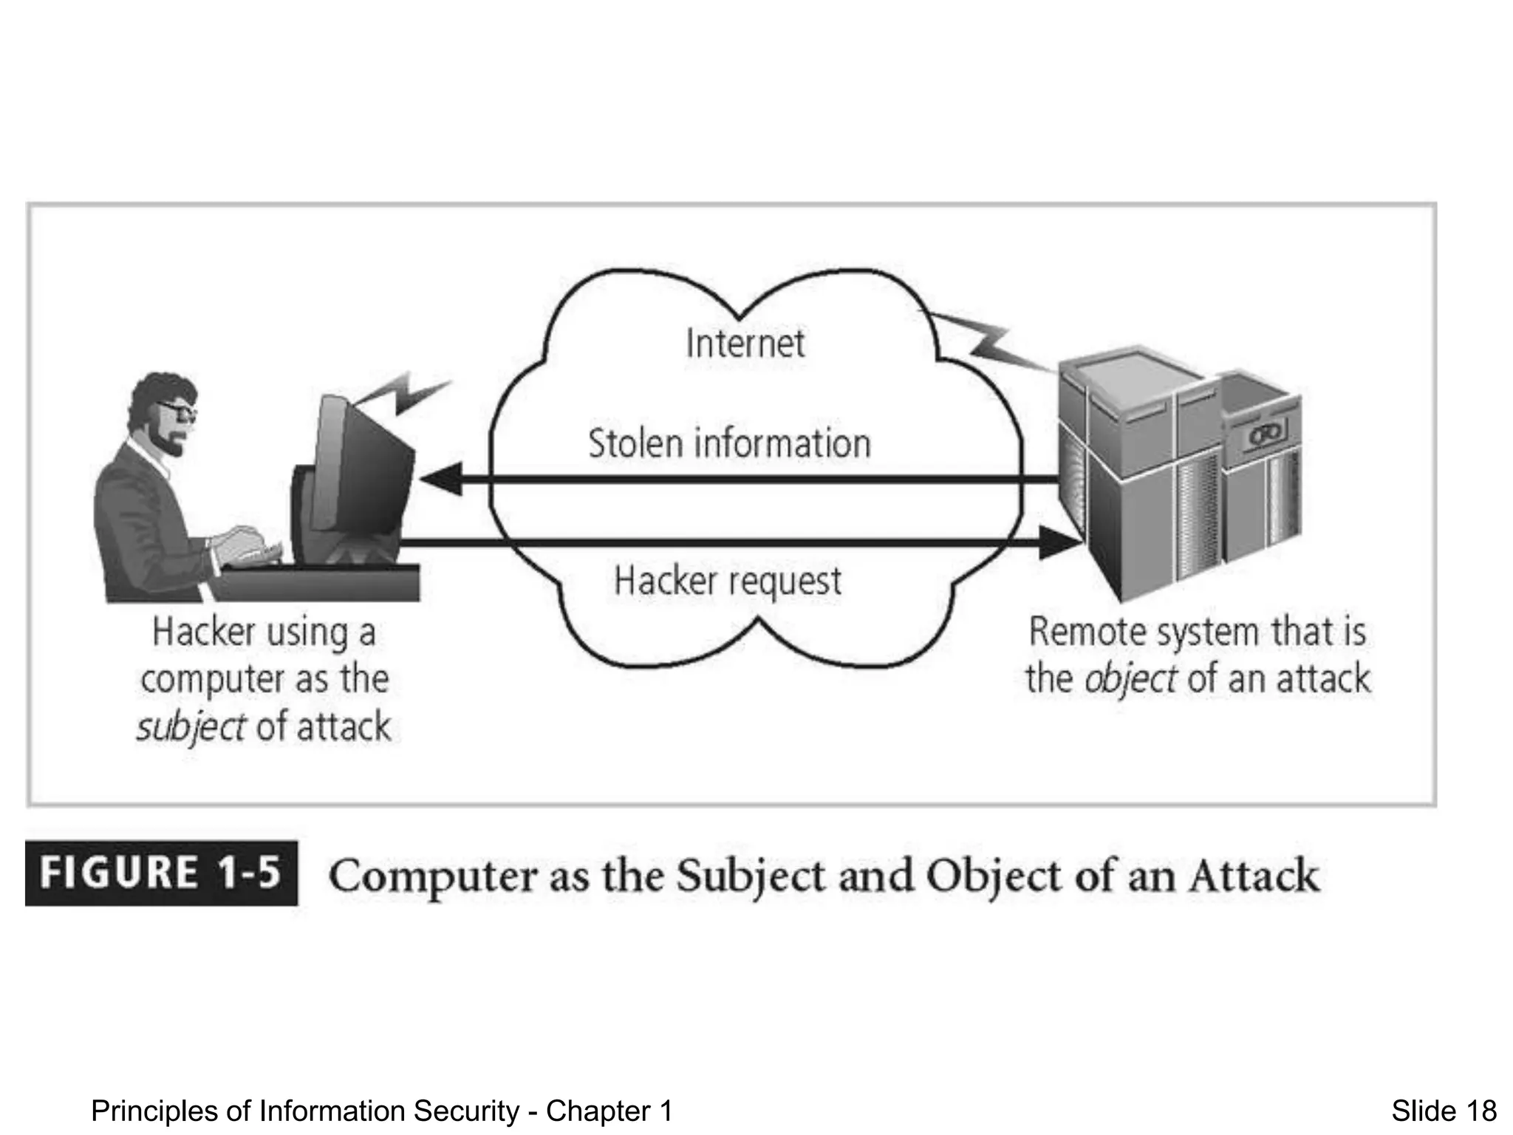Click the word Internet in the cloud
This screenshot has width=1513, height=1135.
[x=745, y=344]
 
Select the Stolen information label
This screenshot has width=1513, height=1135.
[x=729, y=443]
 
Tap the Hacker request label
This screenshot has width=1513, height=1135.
[x=728, y=581]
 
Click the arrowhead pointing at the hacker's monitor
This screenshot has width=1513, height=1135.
[x=443, y=480]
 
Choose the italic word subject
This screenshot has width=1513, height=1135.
[x=191, y=727]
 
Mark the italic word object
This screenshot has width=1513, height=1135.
[x=1130, y=678]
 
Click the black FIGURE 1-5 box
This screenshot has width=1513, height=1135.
[x=161, y=873]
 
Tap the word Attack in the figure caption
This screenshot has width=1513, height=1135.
[x=1254, y=876]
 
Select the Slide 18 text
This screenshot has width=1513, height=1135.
[x=1444, y=1111]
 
